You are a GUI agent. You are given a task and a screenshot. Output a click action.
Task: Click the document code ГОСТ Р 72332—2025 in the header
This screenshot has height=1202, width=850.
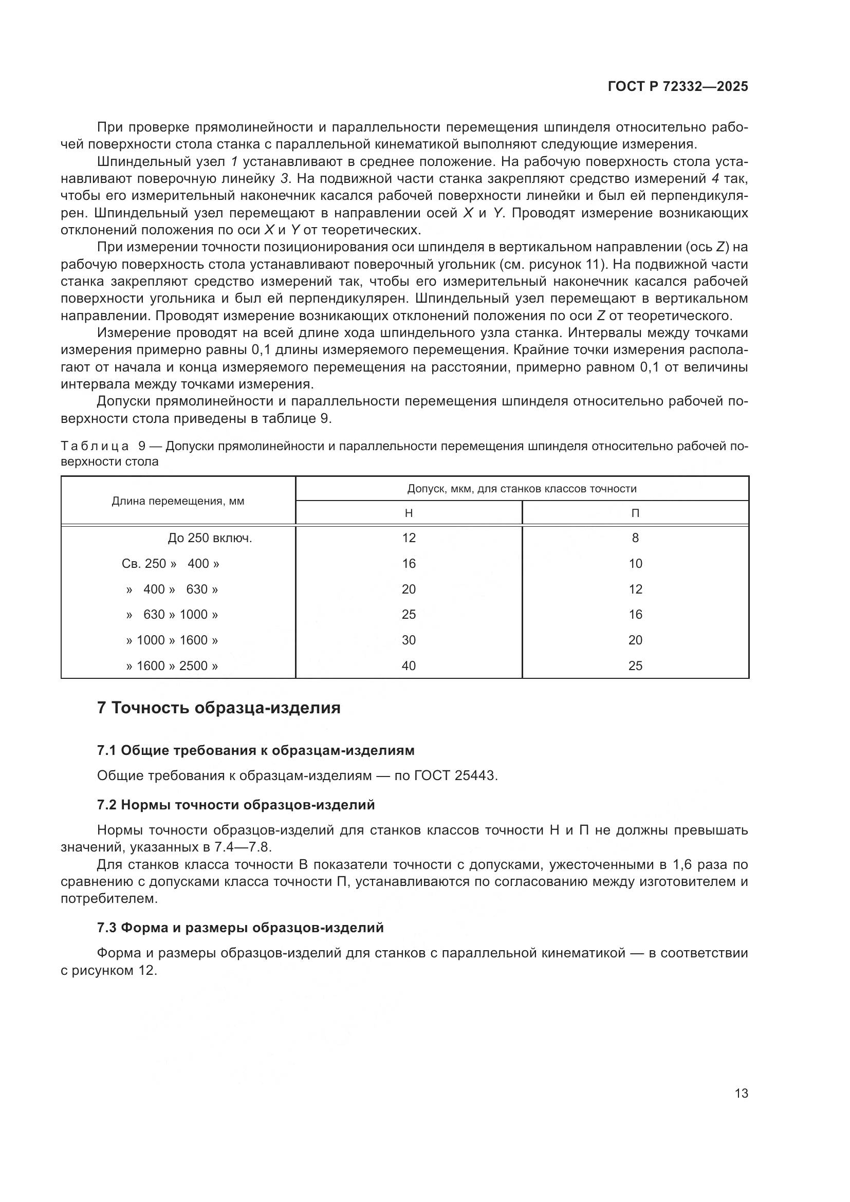[678, 87]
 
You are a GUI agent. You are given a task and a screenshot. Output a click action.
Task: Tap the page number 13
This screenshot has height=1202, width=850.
[741, 1093]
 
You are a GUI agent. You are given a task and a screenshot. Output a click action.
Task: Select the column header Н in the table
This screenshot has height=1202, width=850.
[409, 513]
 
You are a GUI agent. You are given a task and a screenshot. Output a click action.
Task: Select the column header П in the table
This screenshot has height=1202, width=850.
[635, 513]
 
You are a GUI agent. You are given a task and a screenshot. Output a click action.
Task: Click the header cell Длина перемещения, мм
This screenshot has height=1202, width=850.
[178, 501]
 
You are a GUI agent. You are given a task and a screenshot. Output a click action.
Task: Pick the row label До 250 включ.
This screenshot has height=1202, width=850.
[210, 538]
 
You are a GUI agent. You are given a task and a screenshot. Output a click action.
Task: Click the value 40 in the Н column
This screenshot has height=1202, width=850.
[409, 666]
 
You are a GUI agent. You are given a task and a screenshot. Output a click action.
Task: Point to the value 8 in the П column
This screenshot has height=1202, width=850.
[635, 538]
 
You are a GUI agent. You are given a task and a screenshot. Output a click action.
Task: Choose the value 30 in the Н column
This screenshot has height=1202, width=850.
[409, 640]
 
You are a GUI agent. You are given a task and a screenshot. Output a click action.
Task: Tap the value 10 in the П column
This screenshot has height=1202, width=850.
[635, 564]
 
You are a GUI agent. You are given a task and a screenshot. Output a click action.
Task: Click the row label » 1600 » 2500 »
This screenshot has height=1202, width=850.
[172, 666]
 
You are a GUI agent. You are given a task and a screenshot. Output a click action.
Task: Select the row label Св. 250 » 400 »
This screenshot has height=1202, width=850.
[171, 564]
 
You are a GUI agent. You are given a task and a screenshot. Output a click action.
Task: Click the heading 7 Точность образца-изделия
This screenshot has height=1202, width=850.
[219, 708]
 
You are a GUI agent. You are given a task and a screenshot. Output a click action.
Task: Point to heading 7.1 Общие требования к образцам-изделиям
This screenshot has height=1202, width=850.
[255, 750]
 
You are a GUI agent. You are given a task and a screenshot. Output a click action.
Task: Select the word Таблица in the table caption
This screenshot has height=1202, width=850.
[95, 446]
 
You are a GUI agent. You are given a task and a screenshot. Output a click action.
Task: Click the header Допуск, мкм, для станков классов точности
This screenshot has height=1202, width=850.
[522, 489]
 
